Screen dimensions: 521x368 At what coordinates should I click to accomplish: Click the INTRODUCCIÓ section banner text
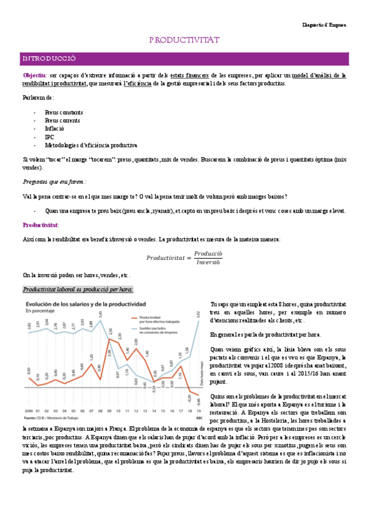click(49, 58)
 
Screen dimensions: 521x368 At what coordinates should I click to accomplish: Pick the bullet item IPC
click(49, 137)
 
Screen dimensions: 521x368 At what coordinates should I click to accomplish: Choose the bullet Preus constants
click(64, 112)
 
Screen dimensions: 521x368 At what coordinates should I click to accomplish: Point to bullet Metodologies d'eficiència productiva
click(90, 146)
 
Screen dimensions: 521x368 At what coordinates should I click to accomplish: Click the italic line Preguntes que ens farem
click(54, 182)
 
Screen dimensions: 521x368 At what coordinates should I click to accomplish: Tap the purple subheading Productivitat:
click(41, 225)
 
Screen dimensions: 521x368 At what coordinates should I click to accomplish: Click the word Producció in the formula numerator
click(208, 253)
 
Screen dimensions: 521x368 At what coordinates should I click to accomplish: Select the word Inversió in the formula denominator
click(208, 262)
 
